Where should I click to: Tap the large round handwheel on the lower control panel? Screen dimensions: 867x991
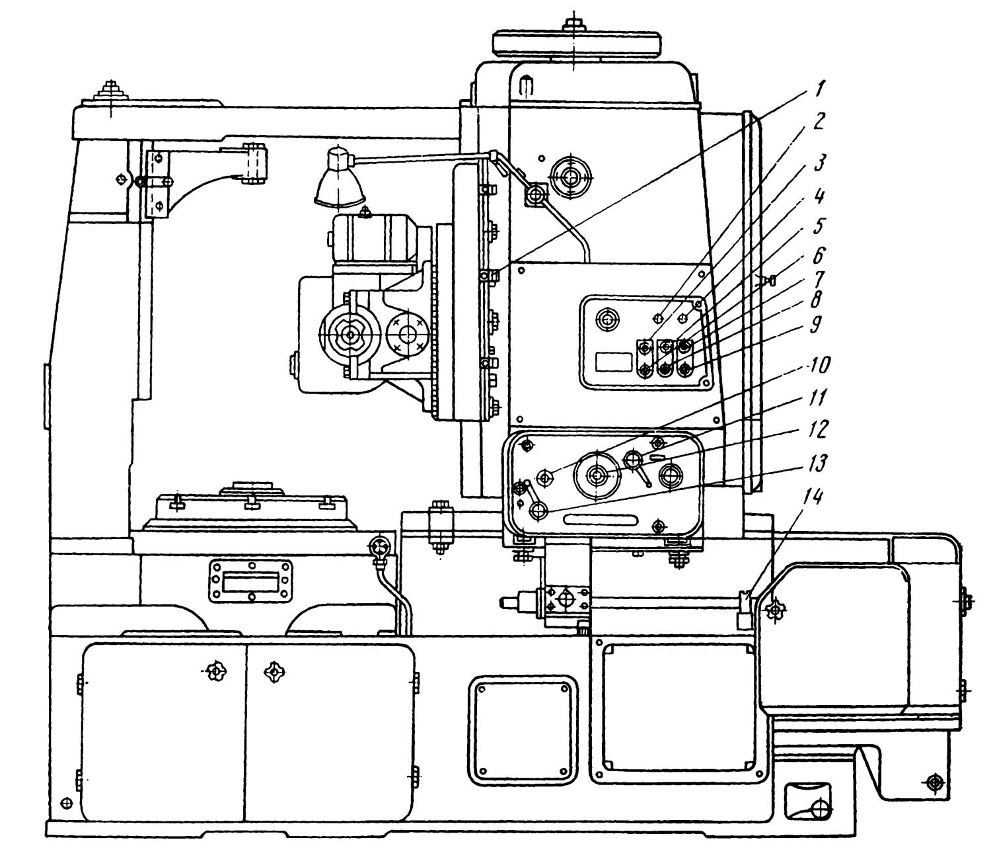click(598, 475)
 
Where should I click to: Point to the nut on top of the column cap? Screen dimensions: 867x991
click(571, 25)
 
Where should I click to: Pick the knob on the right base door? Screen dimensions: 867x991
click(274, 672)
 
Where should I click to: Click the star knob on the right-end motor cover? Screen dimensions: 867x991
click(772, 610)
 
